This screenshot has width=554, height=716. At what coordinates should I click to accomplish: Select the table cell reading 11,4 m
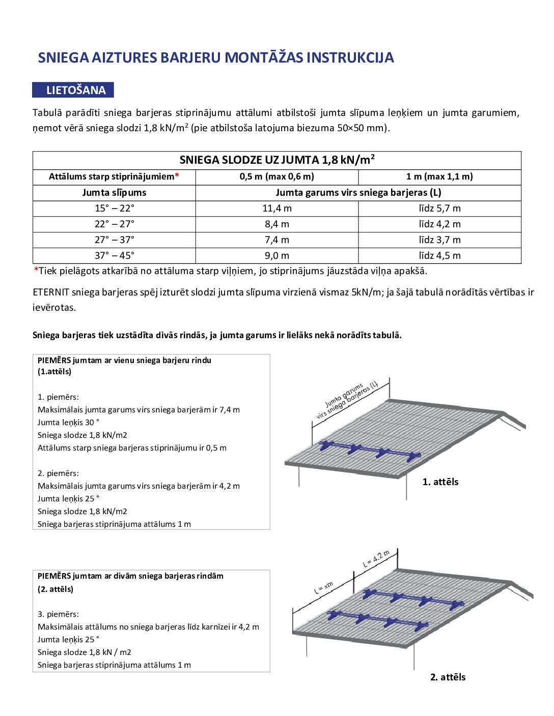click(277, 208)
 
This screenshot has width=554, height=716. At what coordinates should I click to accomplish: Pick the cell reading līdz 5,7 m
click(439, 208)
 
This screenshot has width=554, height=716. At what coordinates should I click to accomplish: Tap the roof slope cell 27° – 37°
click(114, 240)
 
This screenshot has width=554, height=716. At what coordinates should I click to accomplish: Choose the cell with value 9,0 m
click(277, 256)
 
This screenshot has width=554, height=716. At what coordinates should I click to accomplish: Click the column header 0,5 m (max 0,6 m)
click(277, 177)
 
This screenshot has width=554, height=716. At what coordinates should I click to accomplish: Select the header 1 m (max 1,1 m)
click(439, 177)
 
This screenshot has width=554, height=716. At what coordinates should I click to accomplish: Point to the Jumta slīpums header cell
click(114, 193)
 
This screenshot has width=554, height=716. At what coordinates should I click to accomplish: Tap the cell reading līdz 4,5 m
click(439, 256)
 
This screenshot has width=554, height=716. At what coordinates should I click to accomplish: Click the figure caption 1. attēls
click(440, 482)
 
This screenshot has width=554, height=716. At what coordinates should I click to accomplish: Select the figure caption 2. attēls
click(448, 677)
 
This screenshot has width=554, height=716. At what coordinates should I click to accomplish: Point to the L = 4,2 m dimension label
click(376, 559)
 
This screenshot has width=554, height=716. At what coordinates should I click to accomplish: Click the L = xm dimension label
click(323, 588)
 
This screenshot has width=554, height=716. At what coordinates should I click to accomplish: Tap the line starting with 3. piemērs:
click(58, 614)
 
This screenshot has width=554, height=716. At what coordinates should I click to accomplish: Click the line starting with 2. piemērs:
click(58, 473)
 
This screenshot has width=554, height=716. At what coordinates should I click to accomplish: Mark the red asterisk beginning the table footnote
click(36, 271)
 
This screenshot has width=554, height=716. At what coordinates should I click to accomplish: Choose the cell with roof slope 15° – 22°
click(114, 208)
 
